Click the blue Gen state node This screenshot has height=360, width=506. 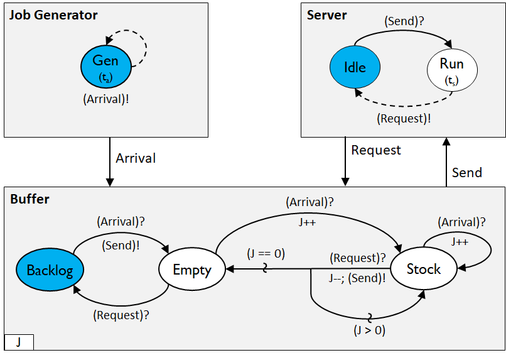tap(106, 67)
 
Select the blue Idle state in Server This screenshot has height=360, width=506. tap(355, 67)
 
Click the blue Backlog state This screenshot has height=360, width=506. tap(50, 270)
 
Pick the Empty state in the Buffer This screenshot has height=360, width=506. tap(192, 270)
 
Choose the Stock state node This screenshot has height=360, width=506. tap(424, 269)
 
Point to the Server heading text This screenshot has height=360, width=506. tap(326, 15)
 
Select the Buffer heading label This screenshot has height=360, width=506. tap(30, 199)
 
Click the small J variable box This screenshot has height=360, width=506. tap(19, 342)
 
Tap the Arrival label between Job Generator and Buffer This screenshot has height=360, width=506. tap(136, 158)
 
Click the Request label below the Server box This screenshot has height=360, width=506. tap(375, 150)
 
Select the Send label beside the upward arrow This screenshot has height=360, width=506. tap(466, 172)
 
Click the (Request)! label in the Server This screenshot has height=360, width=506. tap(404, 118)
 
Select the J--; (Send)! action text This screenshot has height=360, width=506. tap(357, 278)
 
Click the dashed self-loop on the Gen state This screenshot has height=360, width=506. tap(145, 44)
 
